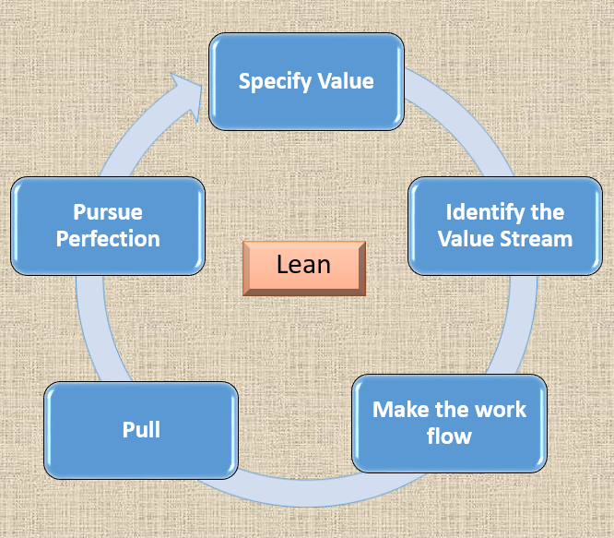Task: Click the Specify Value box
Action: pyautogui.click(x=306, y=81)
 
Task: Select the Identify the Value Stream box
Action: pyautogui.click(x=504, y=225)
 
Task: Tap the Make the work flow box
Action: pyautogui.click(x=449, y=423)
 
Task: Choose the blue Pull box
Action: pyautogui.click(x=141, y=429)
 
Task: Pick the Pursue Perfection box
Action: pyautogui.click(x=108, y=225)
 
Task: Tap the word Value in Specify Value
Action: pyautogui.click(x=341, y=81)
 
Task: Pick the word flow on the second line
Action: pyautogui.click(x=449, y=436)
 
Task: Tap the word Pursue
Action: pyautogui.click(x=108, y=212)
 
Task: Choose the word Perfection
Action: pyautogui.click(x=108, y=239)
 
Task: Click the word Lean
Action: pyautogui.click(x=304, y=266)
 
